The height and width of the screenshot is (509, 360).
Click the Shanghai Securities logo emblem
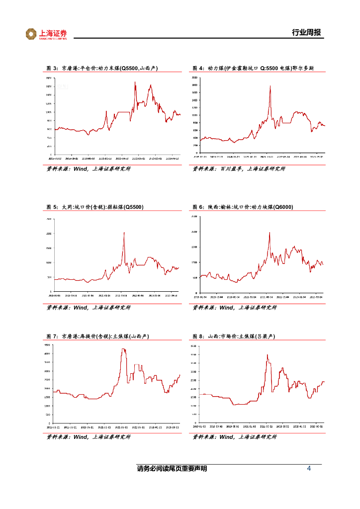[x=31, y=34]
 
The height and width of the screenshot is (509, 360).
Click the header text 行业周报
[x=306, y=33]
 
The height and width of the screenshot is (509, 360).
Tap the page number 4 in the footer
[x=309, y=469]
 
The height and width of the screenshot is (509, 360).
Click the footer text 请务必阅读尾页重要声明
[x=172, y=469]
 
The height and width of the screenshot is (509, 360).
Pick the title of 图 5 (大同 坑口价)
[x=95, y=207]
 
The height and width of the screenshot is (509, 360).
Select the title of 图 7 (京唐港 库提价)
[x=98, y=337]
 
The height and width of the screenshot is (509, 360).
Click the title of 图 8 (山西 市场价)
[x=234, y=337]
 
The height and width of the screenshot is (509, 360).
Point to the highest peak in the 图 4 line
[x=270, y=86]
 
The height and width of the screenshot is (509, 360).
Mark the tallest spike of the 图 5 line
[x=124, y=233]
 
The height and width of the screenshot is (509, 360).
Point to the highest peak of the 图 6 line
[x=270, y=232]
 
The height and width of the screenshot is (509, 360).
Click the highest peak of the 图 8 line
[x=267, y=355]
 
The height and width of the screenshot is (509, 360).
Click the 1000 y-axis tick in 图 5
[x=49, y=262]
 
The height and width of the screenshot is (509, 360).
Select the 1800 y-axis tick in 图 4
[x=194, y=85]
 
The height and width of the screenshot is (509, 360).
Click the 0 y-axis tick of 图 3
[x=50, y=155]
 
